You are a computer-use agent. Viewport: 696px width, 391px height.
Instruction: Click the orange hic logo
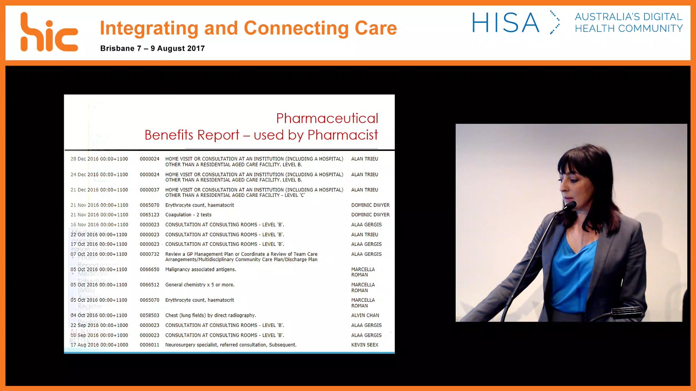pyautogui.click(x=49, y=33)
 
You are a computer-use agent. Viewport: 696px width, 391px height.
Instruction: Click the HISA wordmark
pyautogui.click(x=505, y=22)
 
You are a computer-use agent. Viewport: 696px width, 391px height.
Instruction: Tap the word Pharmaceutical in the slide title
pyautogui.click(x=327, y=118)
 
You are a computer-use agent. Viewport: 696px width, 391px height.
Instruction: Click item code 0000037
pyautogui.click(x=149, y=190)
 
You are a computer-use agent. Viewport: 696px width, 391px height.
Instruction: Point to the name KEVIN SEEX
pyautogui.click(x=364, y=345)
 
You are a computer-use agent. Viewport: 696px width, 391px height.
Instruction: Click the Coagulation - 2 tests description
pyautogui.click(x=188, y=215)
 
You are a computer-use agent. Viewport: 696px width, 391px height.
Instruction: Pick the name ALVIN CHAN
pyautogui.click(x=365, y=315)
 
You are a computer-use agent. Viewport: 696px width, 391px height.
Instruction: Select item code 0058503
pyautogui.click(x=149, y=315)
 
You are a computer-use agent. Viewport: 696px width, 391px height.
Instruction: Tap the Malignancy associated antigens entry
pyautogui.click(x=200, y=269)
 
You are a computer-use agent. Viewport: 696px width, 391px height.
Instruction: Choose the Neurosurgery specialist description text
pyautogui.click(x=231, y=345)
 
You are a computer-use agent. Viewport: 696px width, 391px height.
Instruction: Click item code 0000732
pyautogui.click(x=149, y=254)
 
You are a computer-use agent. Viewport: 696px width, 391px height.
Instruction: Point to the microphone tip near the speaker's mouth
pyautogui.click(x=571, y=205)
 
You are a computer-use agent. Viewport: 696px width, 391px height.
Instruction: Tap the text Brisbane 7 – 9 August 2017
pyautogui.click(x=152, y=49)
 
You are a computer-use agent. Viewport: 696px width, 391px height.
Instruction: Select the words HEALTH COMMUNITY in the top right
pyautogui.click(x=629, y=29)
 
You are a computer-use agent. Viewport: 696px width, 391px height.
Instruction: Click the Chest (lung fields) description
pyautogui.click(x=210, y=315)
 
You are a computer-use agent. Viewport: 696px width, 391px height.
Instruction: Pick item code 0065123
pyautogui.click(x=149, y=215)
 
